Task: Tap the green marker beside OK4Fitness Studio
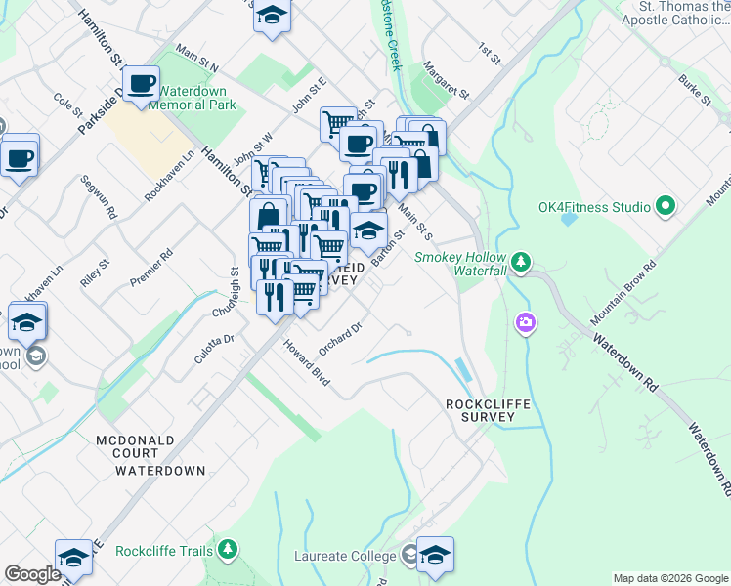[666, 206]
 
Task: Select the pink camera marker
[526, 321]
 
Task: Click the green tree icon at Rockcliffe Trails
[228, 551]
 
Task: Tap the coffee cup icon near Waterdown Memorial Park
[143, 83]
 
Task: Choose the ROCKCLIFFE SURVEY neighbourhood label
[479, 409]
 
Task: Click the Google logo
[33, 574]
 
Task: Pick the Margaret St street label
[448, 79]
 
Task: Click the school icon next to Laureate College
[435, 554]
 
